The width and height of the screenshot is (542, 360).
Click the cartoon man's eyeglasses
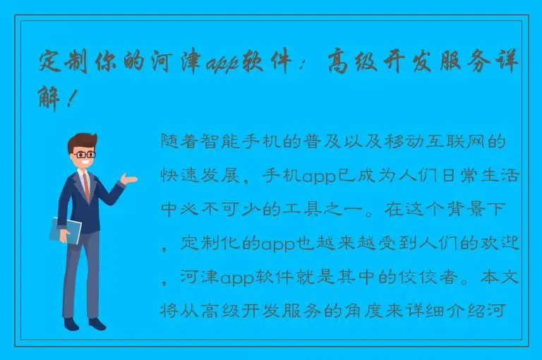point(85,153)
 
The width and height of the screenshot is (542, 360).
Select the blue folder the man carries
point(66,230)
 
